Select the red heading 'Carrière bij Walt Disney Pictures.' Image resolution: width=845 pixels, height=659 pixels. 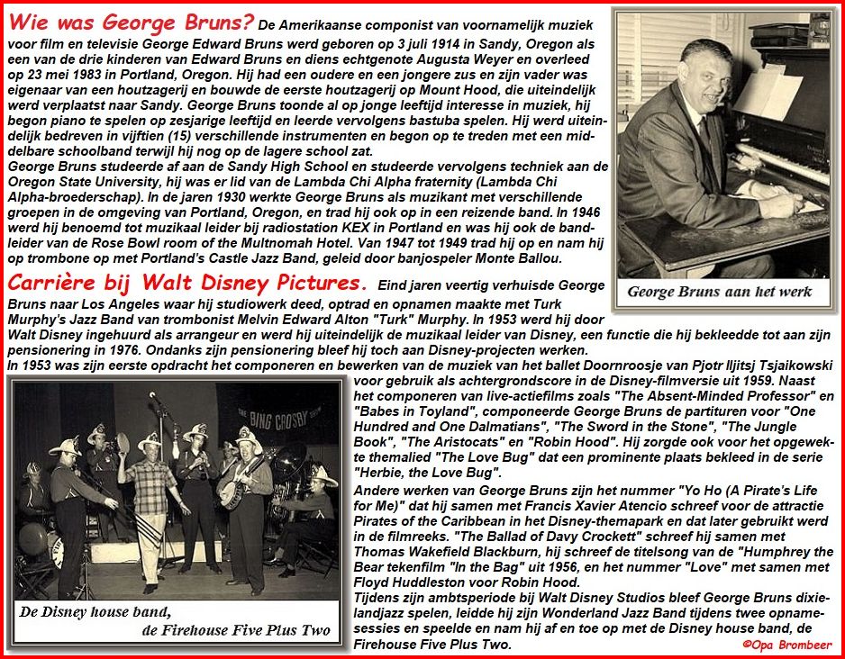coord(186,284)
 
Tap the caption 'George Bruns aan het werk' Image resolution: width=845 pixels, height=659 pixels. coord(720,291)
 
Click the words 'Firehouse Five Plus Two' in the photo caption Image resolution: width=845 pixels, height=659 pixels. coord(236,629)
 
